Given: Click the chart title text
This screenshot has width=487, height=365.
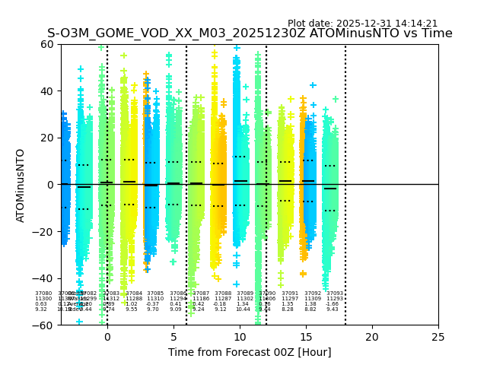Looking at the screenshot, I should click(250, 33).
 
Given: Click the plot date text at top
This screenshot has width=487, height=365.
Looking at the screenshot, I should click(362, 24).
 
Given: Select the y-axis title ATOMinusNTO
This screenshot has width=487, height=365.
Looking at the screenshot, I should click(21, 185).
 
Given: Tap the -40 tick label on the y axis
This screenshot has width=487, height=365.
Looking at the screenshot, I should click(45, 278).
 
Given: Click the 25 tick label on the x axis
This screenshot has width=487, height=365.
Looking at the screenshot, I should click(438, 336).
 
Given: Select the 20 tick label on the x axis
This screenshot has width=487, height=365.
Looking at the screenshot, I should click(372, 336).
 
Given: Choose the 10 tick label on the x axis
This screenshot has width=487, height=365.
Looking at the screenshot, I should click(240, 336).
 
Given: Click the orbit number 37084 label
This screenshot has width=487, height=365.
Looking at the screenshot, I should click(134, 294).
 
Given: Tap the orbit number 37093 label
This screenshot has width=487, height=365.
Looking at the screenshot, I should click(335, 294).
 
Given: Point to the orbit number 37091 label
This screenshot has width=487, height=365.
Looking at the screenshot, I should click(290, 294).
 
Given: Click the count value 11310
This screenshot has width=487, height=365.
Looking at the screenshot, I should click(155, 299).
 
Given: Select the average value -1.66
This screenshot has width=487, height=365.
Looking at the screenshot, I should click(333, 304).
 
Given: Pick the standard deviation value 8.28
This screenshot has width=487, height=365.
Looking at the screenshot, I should click(288, 309).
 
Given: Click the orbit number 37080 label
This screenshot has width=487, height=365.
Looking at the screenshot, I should click(43, 294).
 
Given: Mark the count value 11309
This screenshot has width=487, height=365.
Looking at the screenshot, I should click(313, 299).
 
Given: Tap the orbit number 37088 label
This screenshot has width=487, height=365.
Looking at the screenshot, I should click(223, 294).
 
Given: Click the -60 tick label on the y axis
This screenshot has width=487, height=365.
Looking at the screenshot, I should click(45, 325).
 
